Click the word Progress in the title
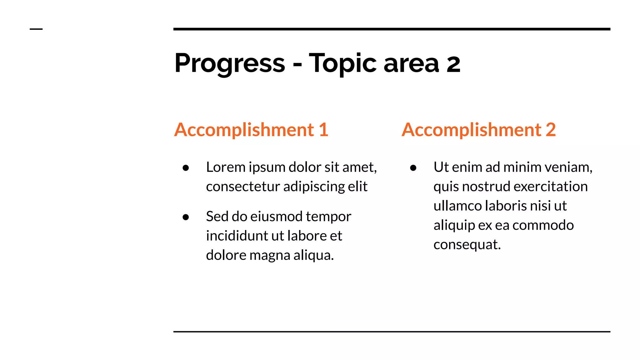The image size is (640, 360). (230, 63)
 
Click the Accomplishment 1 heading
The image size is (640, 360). (251, 130)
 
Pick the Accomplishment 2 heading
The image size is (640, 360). (479, 130)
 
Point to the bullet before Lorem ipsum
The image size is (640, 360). (186, 168)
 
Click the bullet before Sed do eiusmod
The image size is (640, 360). (186, 217)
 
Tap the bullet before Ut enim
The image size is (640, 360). (413, 168)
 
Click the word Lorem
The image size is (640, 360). (226, 167)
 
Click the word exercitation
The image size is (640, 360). (551, 187)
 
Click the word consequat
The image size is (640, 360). (467, 245)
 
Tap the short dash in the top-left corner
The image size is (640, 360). (36, 29)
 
